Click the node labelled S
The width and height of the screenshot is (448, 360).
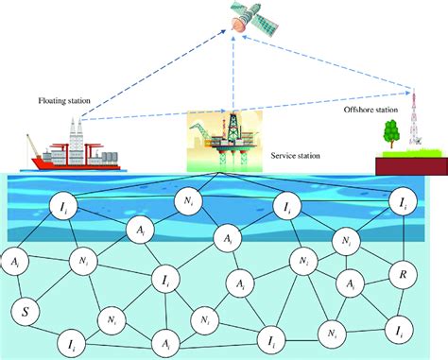point(25,308)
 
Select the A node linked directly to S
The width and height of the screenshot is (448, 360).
point(18,263)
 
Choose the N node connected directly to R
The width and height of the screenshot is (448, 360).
point(346,243)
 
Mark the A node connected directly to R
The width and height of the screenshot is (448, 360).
point(351,284)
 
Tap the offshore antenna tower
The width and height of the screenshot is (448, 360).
point(413,123)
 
